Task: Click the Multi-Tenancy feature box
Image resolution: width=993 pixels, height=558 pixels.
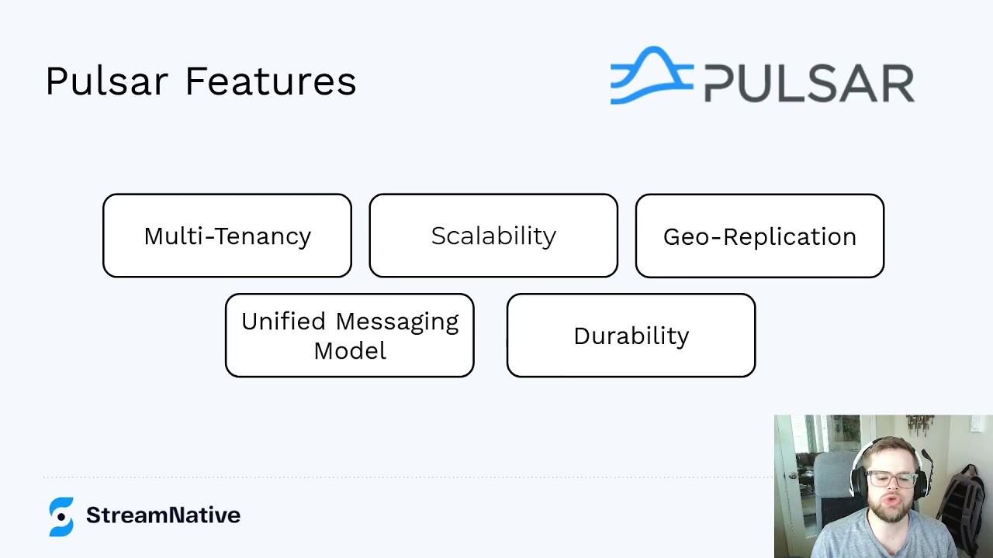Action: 227,236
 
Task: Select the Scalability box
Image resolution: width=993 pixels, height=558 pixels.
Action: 493,236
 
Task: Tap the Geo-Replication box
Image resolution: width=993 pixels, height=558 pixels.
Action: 759,236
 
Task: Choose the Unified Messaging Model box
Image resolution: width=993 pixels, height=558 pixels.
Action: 349,336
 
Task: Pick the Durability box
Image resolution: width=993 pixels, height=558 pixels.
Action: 631,336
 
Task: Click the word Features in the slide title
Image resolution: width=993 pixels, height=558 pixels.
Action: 270,81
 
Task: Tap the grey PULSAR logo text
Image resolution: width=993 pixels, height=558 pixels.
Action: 809,84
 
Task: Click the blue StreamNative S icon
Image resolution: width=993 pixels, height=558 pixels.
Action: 61,516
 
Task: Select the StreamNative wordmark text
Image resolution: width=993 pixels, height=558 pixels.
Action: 163,515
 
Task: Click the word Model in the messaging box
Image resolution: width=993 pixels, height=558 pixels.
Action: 350,350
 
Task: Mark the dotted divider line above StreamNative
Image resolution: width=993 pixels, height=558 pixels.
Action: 388,477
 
